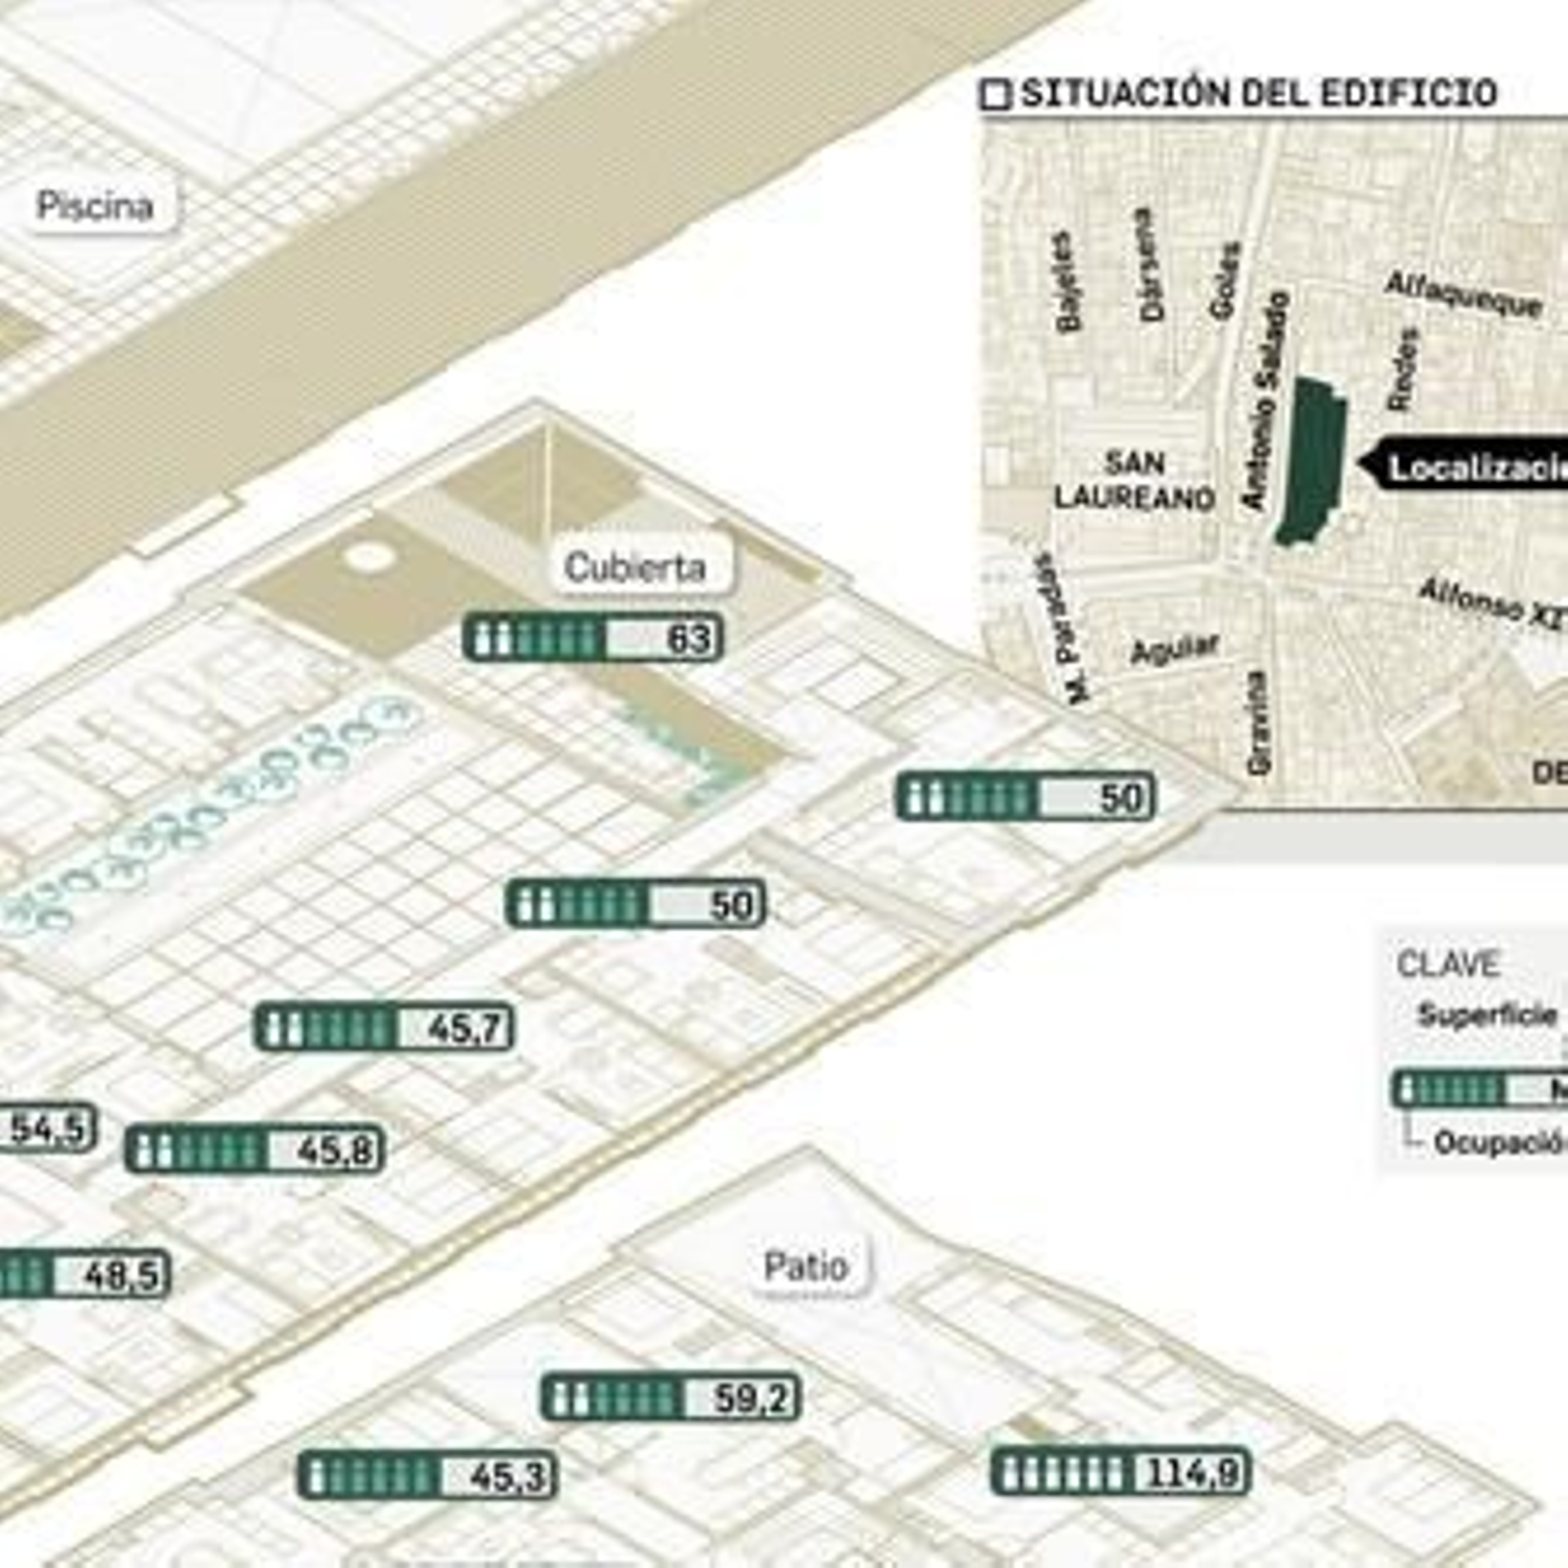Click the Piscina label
coord(96,206)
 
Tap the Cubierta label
coord(635,567)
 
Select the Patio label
coord(806,1266)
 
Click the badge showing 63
coord(593,638)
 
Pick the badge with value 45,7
coord(383,1028)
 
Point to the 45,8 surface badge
coord(255,1150)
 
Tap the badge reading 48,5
coord(83,1275)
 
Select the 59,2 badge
coord(671,1397)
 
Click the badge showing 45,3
coord(427,1476)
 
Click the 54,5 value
coord(47,1128)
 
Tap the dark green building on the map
coord(1312,461)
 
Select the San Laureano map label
coord(1134,480)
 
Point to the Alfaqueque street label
coord(1463,294)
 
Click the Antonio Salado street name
coord(1264,402)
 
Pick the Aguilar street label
coord(1174,649)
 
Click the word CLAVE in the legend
coord(1447,964)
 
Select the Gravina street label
coord(1257,722)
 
